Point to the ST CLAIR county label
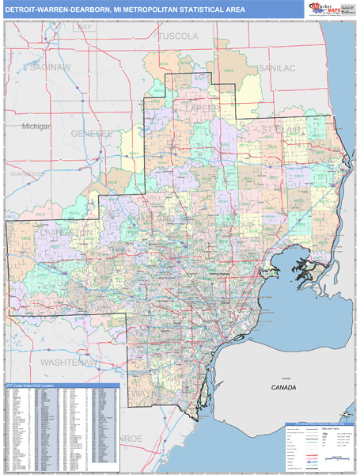click(x=283, y=128)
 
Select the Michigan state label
click(x=36, y=126)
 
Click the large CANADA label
click(x=282, y=388)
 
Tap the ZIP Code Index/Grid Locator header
click(x=38, y=386)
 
